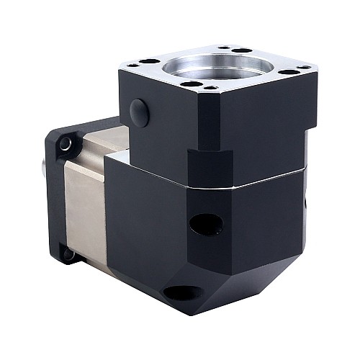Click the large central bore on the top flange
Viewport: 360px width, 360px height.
tap(220, 67)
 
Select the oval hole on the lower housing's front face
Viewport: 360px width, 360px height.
tap(206, 224)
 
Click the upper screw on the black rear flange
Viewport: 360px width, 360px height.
tap(66, 145)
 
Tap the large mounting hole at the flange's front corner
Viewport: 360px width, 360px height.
tap(191, 84)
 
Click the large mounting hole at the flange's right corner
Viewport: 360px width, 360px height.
tap(289, 72)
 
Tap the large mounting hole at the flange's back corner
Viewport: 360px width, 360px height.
tap(242, 50)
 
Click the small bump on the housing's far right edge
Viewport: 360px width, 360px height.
tap(318, 202)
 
